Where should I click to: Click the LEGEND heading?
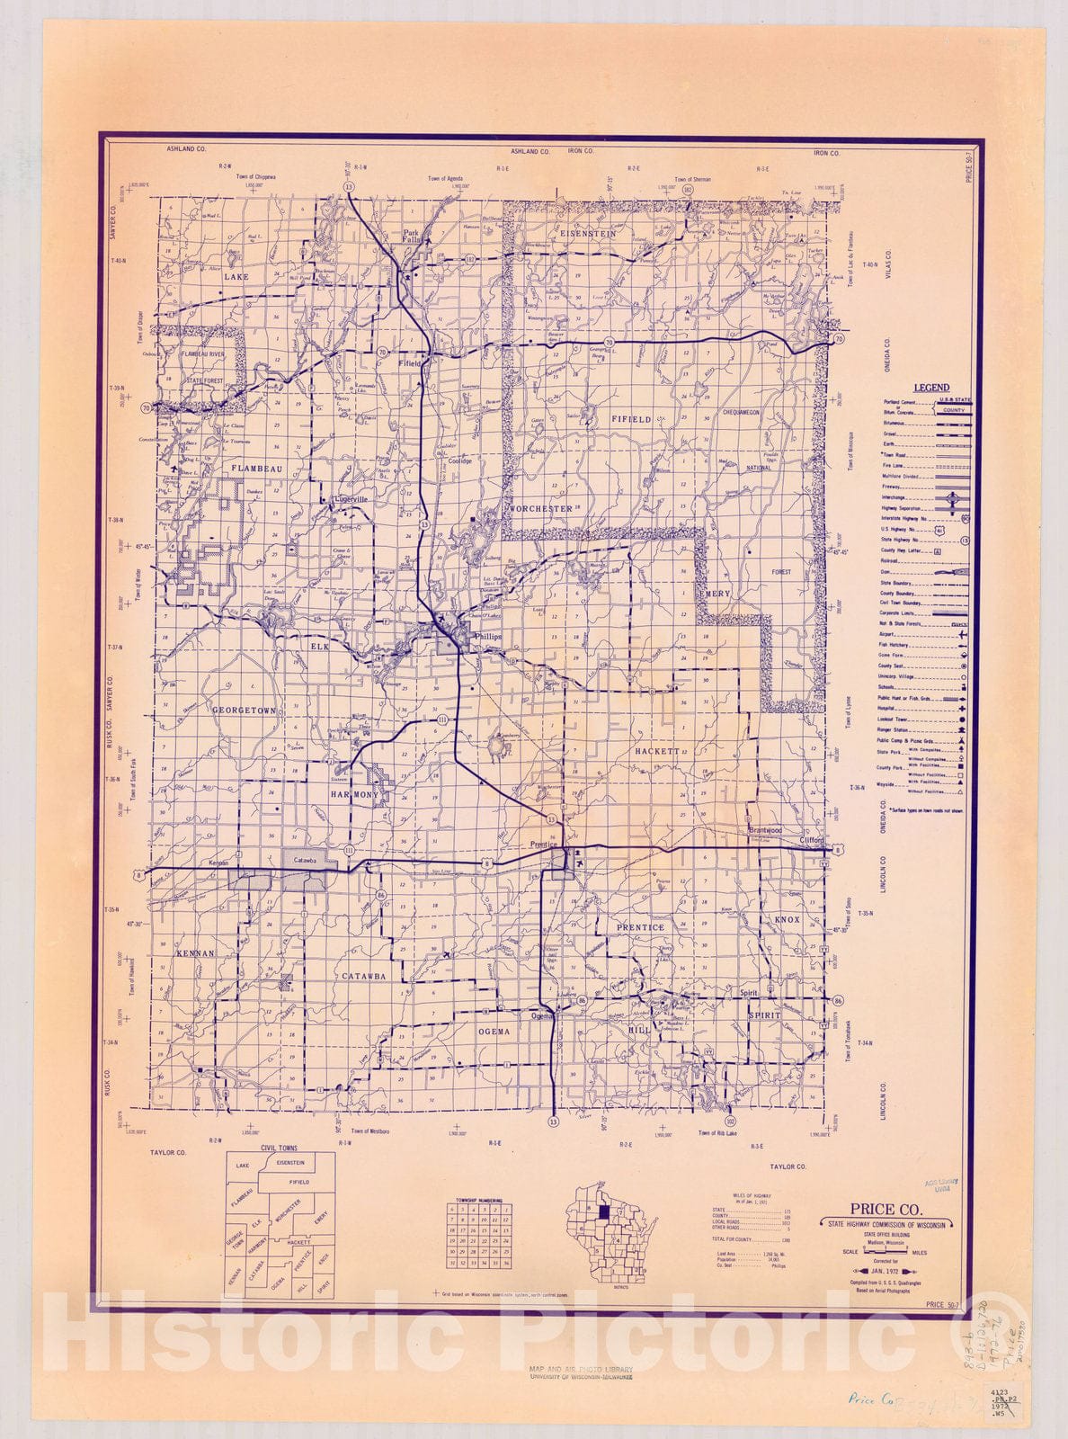(931, 388)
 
